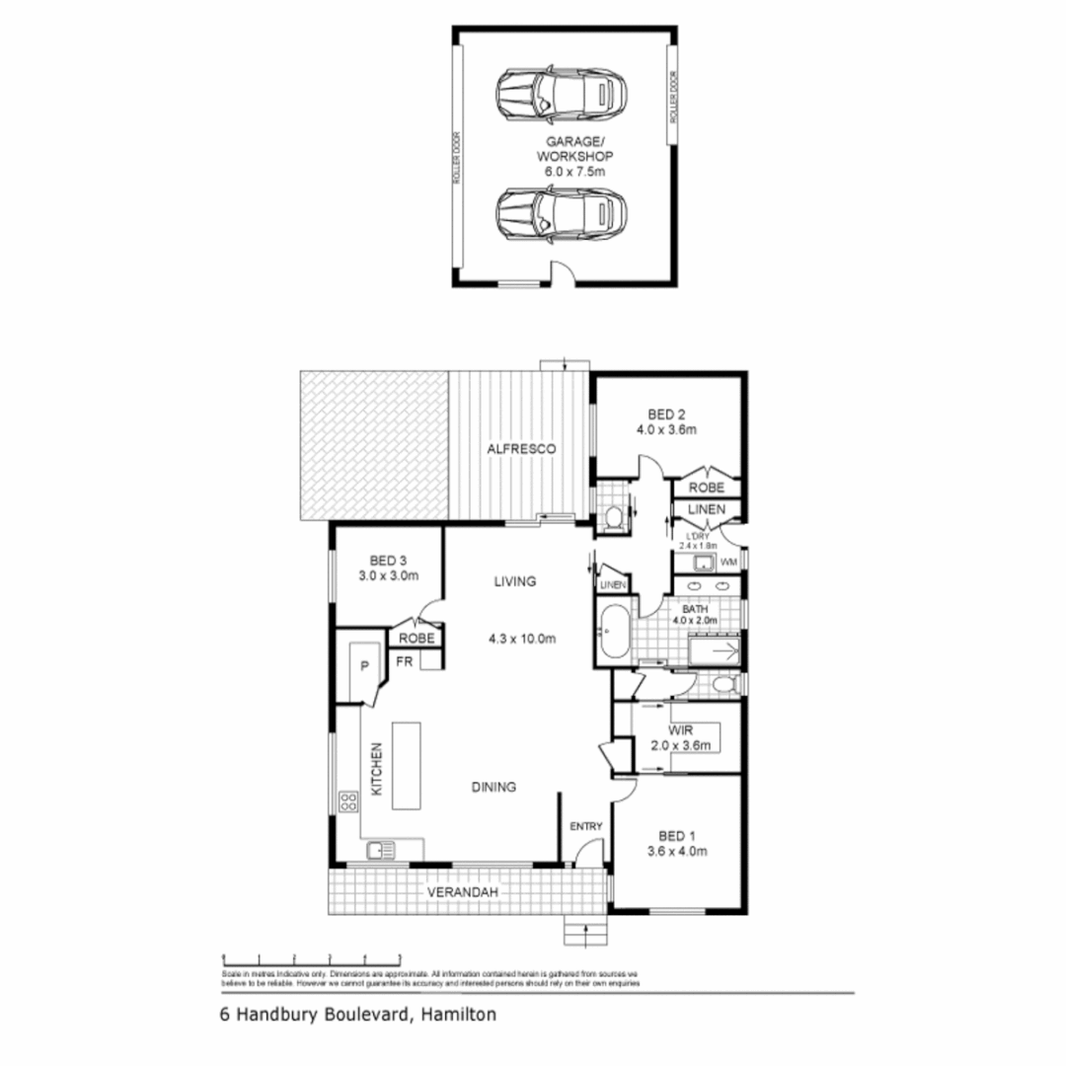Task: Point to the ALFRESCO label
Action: [521, 449]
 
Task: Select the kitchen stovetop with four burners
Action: [348, 801]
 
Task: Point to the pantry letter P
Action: [364, 666]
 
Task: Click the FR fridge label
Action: [405, 661]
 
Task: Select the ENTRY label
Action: [585, 826]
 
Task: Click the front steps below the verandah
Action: [577, 930]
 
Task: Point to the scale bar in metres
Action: [311, 957]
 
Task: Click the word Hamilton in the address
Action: [460, 1014]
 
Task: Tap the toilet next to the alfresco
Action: [612, 516]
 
